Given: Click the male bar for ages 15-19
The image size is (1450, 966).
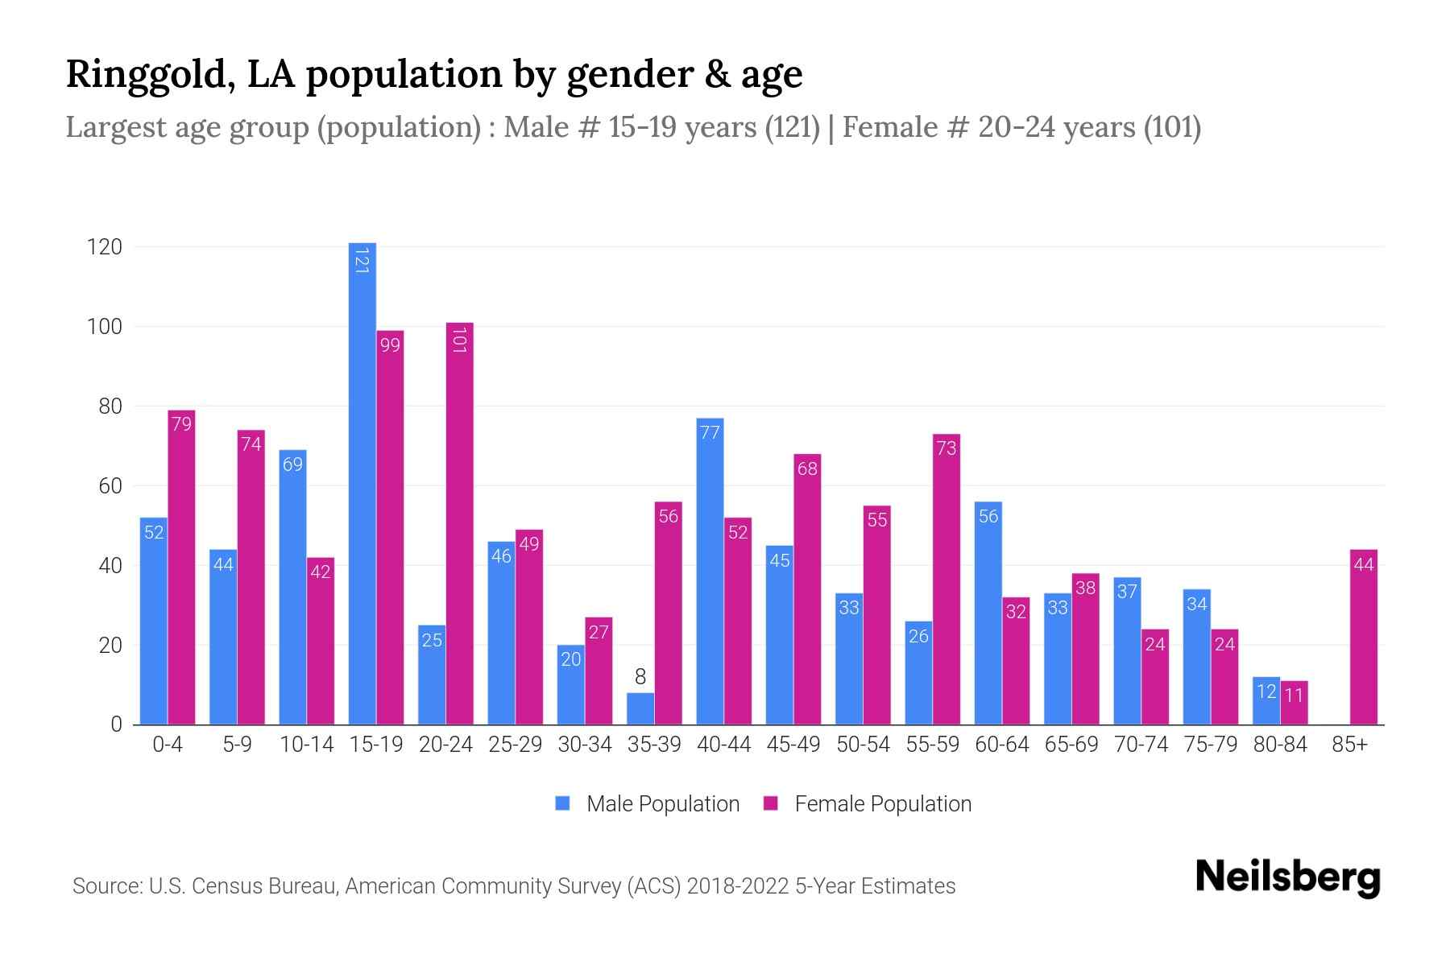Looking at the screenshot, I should click(362, 483).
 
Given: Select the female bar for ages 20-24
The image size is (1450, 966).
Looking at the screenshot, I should click(459, 523).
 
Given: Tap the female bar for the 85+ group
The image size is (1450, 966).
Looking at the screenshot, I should click(1363, 637).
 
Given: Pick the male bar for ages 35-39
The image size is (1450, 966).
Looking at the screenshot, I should click(640, 708).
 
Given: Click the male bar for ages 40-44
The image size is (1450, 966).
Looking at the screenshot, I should click(710, 572).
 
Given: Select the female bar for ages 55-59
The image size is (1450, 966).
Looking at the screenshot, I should click(947, 580).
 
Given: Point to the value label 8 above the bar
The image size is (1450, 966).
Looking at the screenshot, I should click(640, 677).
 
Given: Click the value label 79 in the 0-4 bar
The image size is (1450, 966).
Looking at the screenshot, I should click(182, 423).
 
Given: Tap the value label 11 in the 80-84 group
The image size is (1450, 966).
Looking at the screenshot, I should click(1294, 695).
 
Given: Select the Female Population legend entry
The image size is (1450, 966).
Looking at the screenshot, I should click(868, 803).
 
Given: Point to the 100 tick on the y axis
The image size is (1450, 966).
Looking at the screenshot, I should click(105, 327).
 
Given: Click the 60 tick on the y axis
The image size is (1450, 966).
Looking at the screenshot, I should click(110, 486).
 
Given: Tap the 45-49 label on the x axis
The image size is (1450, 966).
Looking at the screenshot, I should click(793, 745).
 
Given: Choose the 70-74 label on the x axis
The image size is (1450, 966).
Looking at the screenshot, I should click(1141, 745).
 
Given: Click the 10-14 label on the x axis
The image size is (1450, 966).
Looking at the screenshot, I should click(306, 745).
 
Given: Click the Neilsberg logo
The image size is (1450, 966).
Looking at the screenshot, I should click(1287, 877).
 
